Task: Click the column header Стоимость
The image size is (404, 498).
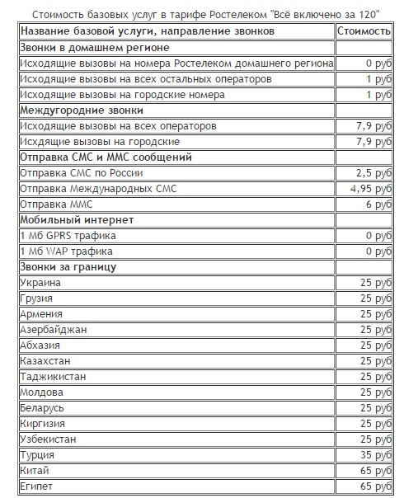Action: (364, 31)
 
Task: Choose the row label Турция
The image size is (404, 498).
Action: (37, 455)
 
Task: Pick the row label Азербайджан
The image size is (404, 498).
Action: (58, 330)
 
